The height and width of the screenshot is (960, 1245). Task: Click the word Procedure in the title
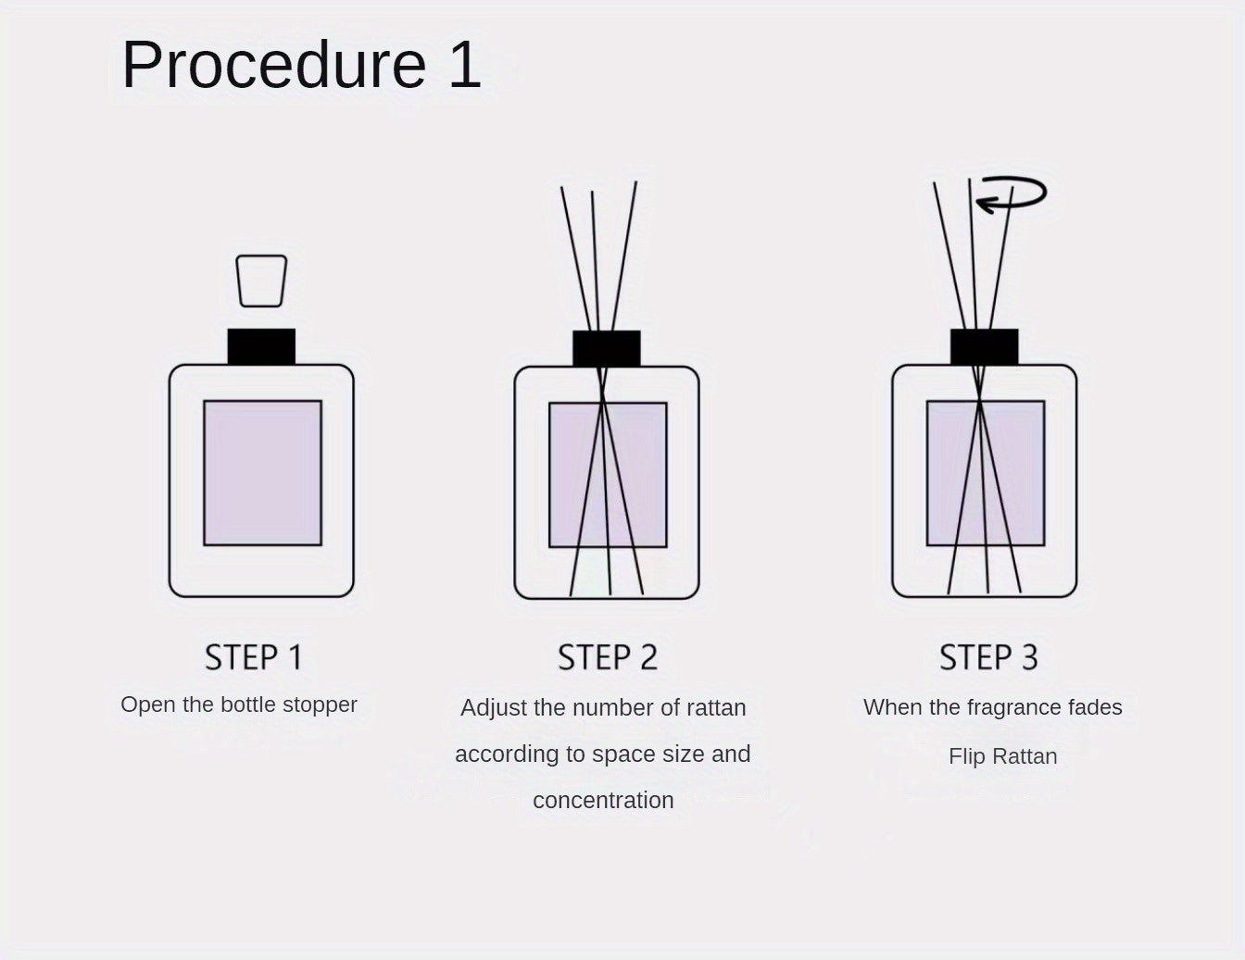coord(273,65)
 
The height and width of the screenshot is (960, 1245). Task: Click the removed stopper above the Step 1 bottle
coord(261,281)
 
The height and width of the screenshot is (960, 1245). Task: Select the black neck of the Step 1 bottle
coord(261,346)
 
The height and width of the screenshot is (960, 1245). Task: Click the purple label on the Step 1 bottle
coord(262,472)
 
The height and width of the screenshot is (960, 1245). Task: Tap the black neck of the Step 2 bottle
coord(607,348)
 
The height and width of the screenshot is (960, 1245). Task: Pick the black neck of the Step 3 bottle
coord(984,346)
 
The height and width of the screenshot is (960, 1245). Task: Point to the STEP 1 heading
coord(254,657)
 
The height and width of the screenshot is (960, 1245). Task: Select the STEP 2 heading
coord(608,657)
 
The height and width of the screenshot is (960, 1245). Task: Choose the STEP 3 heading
coord(988,657)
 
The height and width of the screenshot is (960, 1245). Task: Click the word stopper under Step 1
coord(320,704)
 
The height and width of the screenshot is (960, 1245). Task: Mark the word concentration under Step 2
coord(603,800)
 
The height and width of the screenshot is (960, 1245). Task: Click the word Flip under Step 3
coord(966,756)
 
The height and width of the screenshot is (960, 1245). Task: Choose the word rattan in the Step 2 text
coord(715,708)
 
